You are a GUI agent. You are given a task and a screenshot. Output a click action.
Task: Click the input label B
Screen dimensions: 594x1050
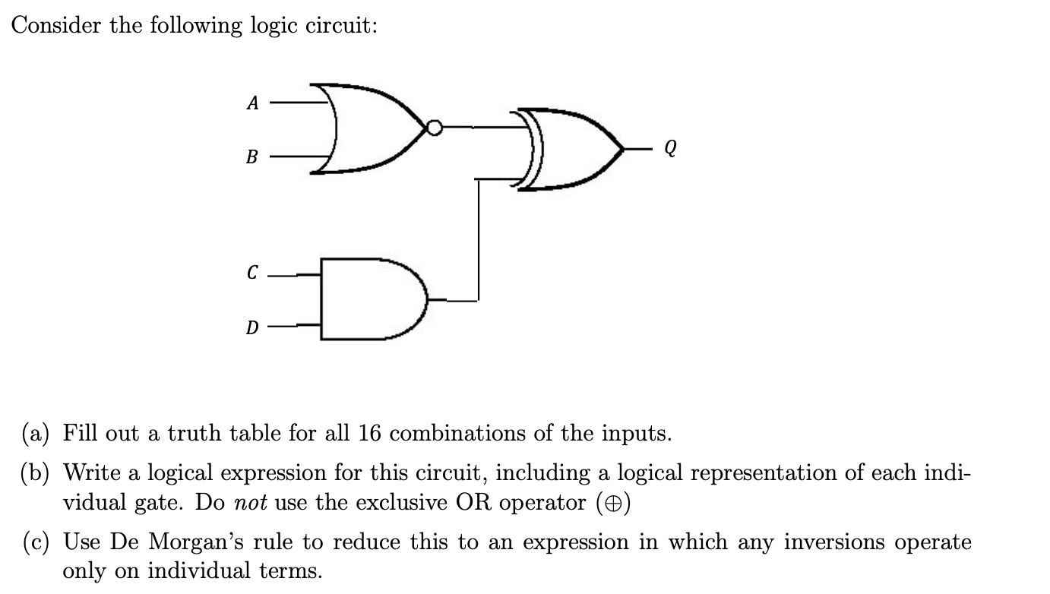tap(252, 158)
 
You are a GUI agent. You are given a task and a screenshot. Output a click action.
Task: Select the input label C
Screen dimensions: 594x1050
tap(252, 272)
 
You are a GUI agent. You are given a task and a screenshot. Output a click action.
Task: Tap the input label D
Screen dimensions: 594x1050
tap(251, 328)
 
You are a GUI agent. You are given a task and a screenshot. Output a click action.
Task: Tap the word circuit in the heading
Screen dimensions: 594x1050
tap(340, 26)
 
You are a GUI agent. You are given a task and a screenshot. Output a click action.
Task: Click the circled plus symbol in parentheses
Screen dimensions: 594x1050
tap(617, 503)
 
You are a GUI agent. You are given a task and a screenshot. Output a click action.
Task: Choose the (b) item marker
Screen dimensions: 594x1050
tap(33, 473)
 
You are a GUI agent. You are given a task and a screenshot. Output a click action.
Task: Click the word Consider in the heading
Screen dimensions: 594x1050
tap(56, 26)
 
